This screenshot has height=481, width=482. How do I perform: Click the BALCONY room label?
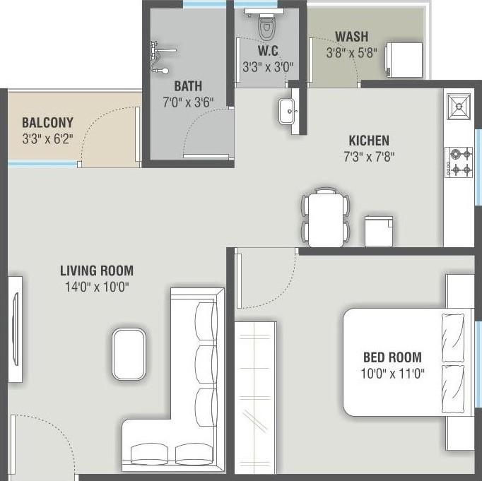pyautogui.click(x=47, y=122)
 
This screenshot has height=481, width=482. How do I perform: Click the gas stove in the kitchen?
pyautogui.click(x=459, y=161)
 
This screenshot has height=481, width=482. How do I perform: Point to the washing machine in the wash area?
pyautogui.click(x=404, y=58)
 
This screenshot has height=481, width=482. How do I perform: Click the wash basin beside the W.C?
pyautogui.click(x=288, y=111)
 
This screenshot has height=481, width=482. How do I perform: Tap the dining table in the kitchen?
pyautogui.click(x=326, y=218)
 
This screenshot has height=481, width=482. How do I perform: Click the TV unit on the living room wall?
pyautogui.click(x=15, y=311)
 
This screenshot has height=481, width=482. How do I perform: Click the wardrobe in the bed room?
pyautogui.click(x=255, y=396)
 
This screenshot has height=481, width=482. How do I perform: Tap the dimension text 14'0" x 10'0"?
pyautogui.click(x=96, y=286)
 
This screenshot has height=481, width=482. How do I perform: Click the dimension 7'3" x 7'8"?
pyautogui.click(x=368, y=156)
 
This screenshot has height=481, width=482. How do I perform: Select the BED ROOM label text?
pyautogui.click(x=392, y=357)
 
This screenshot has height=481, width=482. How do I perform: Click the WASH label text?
pyautogui.click(x=351, y=37)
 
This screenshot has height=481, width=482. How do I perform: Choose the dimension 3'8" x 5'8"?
pyautogui.click(x=351, y=53)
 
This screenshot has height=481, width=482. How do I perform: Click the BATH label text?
pyautogui.click(x=188, y=86)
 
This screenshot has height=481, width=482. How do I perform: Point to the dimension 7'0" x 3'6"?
pyautogui.click(x=188, y=102)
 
